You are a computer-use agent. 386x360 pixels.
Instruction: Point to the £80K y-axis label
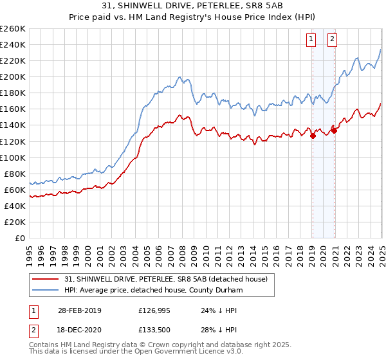[14, 174]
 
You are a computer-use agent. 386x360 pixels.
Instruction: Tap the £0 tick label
[20, 238]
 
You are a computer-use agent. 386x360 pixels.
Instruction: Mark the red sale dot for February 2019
[313, 136]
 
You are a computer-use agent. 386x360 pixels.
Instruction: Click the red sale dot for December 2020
[334, 130]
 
